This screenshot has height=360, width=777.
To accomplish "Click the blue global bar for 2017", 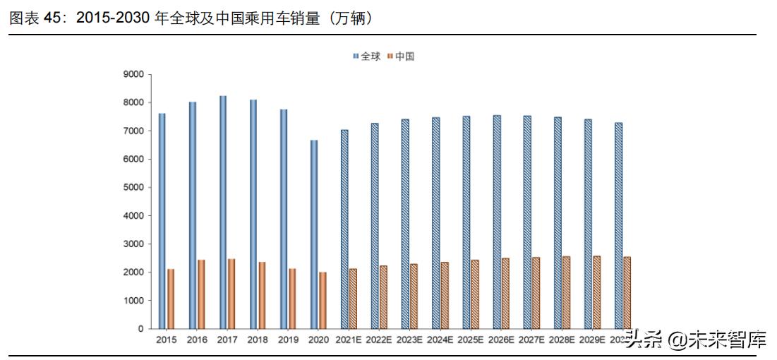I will pos(223,212).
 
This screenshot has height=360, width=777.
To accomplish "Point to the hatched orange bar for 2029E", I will pos(596,292).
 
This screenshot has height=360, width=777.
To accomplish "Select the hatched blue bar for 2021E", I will pos(344,229).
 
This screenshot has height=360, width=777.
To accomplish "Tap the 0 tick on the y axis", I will pos(140,329).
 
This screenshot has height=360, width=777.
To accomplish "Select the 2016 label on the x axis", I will pos(197,340).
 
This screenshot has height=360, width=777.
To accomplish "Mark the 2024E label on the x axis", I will pos(440,340).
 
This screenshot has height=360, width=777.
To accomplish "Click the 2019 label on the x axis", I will pos(288,340).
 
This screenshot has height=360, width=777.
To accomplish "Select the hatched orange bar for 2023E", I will pos(414,296).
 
